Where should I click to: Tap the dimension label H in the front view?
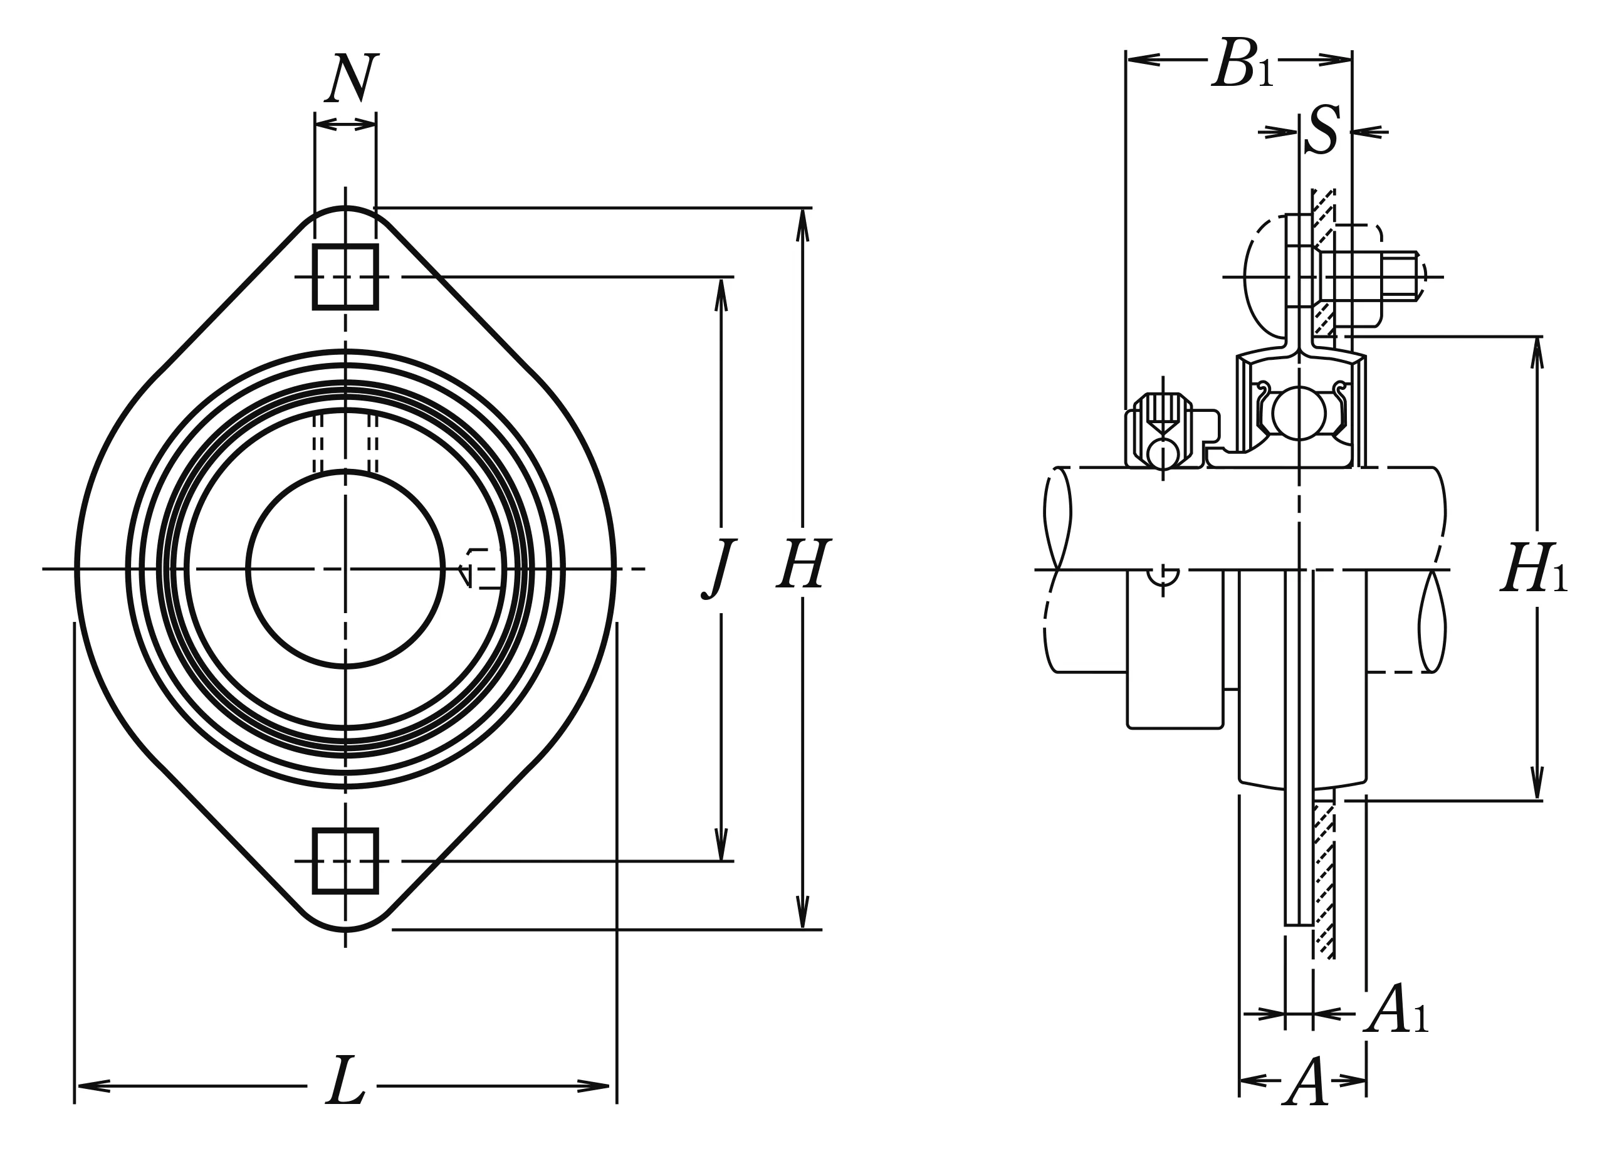(802, 565)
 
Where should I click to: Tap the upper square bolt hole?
(345, 277)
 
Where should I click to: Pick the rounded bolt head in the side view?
(1265, 277)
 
